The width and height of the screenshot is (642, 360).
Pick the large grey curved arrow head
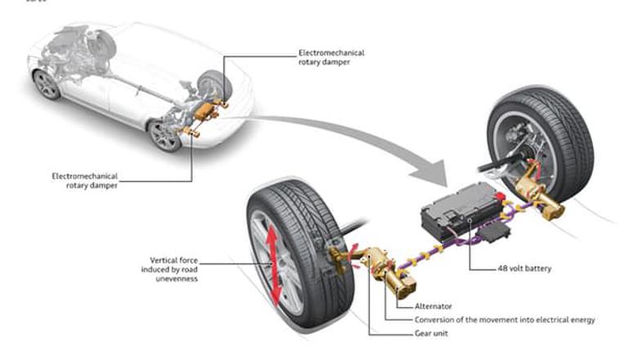point(433,170)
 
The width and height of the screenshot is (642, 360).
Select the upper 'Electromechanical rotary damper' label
point(331,59)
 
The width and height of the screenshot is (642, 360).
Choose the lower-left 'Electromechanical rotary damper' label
point(85,180)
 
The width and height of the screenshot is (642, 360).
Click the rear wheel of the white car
point(166,136)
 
